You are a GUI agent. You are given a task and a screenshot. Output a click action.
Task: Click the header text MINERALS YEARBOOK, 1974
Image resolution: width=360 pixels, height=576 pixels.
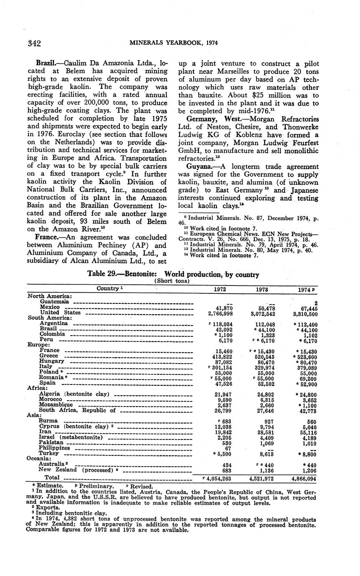coord(174,43)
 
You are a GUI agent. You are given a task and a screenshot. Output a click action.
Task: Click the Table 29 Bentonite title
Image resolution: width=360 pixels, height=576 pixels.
coord(173,275)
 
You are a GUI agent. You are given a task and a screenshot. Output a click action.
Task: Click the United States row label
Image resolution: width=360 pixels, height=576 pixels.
coord(60,313)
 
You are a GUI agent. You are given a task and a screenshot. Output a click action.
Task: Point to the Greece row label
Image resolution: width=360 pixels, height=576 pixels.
coord(49,356)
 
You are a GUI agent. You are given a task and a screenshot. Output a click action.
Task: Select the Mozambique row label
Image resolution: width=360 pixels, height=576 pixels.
coord(56,404)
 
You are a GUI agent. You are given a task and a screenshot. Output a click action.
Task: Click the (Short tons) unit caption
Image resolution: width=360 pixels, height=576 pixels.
coord(173,281)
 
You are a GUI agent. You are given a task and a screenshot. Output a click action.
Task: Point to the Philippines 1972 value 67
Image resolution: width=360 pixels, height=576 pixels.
coord(228,448)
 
